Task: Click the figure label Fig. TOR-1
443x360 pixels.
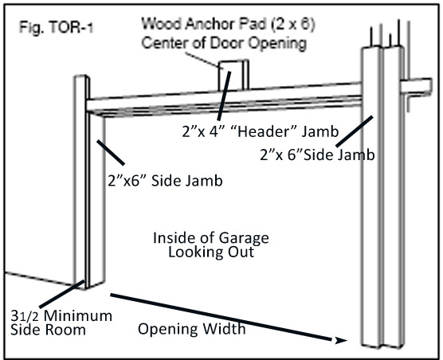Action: (x=56, y=28)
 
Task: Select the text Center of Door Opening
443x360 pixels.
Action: (x=224, y=43)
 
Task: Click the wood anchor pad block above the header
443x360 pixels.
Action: (x=234, y=75)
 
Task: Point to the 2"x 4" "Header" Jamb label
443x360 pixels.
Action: (x=261, y=131)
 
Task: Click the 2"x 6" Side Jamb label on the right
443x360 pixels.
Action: (x=317, y=155)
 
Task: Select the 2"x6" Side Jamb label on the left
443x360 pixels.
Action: (x=165, y=181)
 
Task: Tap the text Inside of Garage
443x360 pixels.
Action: (x=211, y=237)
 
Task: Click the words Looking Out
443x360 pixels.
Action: (x=211, y=252)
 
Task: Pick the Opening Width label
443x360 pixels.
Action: (x=191, y=329)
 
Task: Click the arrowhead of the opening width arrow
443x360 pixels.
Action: (x=341, y=340)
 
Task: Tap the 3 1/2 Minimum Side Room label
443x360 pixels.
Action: (x=61, y=323)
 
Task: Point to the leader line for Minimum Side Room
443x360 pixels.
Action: (x=62, y=294)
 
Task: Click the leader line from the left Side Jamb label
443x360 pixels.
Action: (x=111, y=152)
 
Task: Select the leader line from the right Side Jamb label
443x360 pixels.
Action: (x=355, y=131)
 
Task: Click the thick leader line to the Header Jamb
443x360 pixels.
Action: (x=225, y=96)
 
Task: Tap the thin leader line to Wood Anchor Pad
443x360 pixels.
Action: (x=202, y=61)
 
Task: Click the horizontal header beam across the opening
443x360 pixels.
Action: (x=224, y=100)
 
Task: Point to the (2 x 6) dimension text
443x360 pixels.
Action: (x=293, y=25)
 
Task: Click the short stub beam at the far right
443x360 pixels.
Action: (x=416, y=86)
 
